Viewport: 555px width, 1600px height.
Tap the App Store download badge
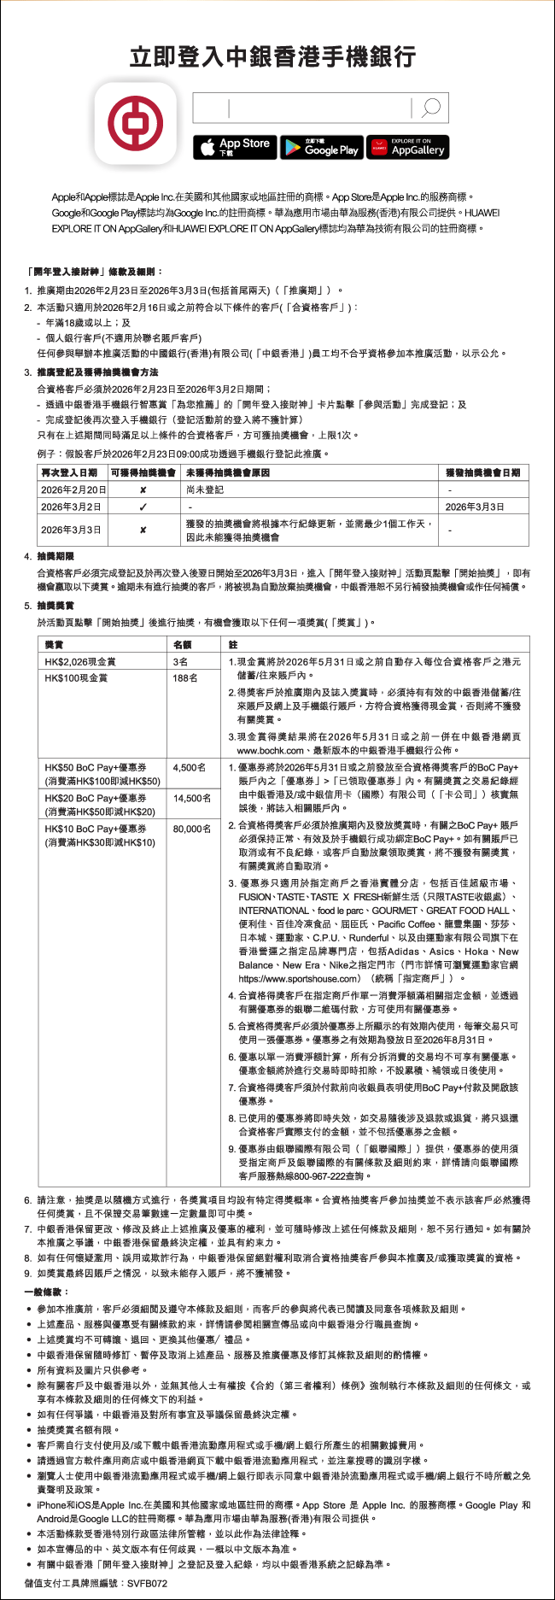pyautogui.click(x=235, y=148)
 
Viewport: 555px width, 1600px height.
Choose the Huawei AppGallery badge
pyautogui.click(x=407, y=148)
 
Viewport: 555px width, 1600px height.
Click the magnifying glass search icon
pyautogui.click(x=430, y=108)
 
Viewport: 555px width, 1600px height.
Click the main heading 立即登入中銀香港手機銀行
pyautogui.click(x=273, y=57)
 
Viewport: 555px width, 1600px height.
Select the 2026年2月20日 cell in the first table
pyautogui.click(x=73, y=489)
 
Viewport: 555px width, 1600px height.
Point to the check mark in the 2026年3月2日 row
pyautogui.click(x=143, y=507)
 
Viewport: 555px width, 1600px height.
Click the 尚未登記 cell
pyautogui.click(x=205, y=489)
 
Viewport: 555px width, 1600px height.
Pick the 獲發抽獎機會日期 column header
pyautogui.click(x=482, y=472)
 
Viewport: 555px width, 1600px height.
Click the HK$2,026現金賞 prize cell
pyautogui.click(x=80, y=661)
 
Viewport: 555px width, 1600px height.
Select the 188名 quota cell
pyautogui.click(x=185, y=677)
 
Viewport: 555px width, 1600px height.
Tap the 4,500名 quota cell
pyautogui.click(x=190, y=767)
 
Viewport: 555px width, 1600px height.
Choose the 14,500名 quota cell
pyautogui.click(x=192, y=798)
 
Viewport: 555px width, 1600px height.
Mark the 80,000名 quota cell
pyautogui.click(x=192, y=829)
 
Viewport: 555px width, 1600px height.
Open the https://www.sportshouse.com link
pyautogui.click(x=299, y=978)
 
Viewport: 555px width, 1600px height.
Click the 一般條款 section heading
pyautogui.click(x=48, y=1292)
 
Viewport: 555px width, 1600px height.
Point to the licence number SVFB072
pyautogui.click(x=147, y=1583)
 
